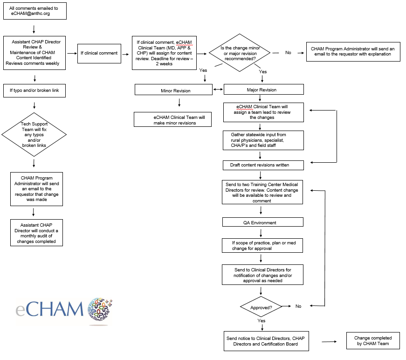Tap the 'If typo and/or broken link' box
tap(34, 90)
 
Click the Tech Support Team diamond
tap(34, 135)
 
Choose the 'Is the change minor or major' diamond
tap(240, 53)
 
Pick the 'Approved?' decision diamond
tap(261, 307)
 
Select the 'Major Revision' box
tap(264, 90)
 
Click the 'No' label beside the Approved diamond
tap(298, 306)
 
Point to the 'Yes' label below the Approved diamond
tap(261, 321)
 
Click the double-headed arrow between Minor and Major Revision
tap(218, 90)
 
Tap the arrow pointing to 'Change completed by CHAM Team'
tap(329, 342)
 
